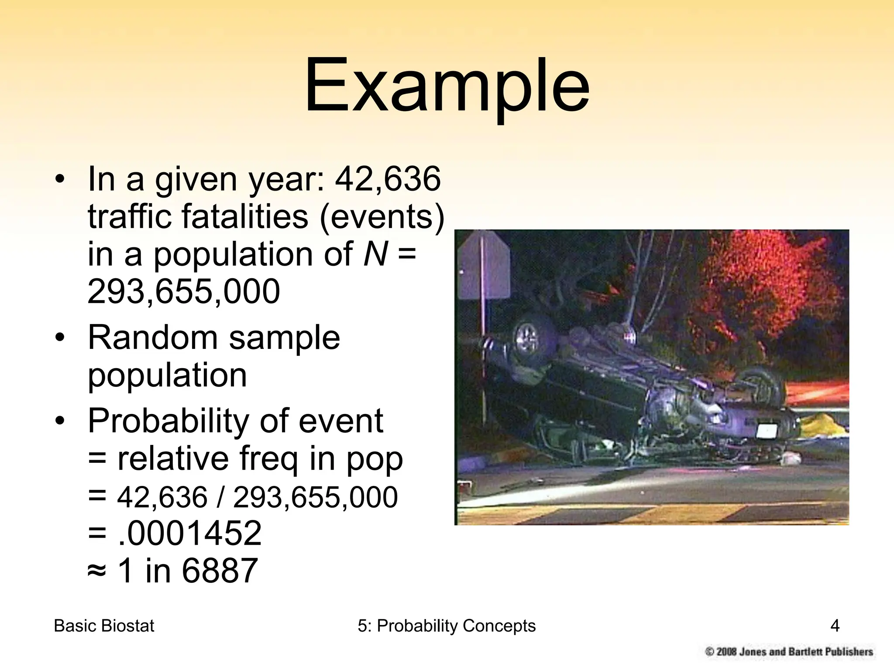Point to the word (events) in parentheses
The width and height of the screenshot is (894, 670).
point(382,217)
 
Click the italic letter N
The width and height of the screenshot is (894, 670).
point(375,254)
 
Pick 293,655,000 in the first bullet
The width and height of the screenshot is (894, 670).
point(183,291)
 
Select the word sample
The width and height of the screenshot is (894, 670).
point(284,338)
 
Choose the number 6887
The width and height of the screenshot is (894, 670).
point(220,571)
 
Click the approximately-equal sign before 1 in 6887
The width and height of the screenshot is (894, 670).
point(96,571)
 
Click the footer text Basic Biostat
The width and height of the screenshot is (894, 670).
point(104,626)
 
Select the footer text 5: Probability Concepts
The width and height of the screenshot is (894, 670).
point(447,626)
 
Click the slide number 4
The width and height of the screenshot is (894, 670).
point(835,626)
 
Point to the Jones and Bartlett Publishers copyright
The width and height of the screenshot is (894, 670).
point(789,652)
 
